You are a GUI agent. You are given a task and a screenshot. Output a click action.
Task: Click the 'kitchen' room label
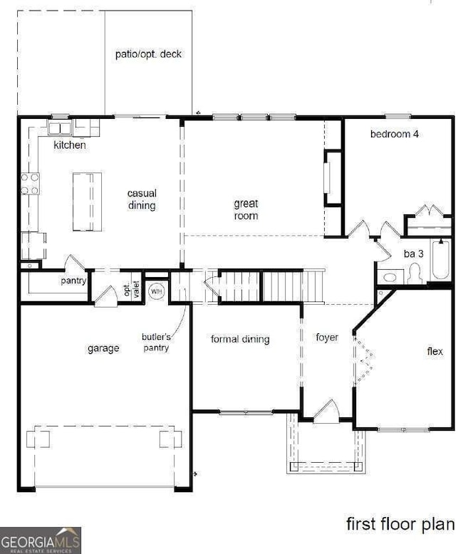(x=70, y=145)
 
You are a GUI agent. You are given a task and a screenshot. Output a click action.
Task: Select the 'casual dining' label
(x=142, y=199)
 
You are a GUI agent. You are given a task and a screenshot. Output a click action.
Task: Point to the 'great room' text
(x=246, y=209)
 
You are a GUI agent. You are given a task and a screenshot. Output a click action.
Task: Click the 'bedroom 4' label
(x=394, y=134)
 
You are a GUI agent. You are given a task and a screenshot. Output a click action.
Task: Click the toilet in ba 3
(x=415, y=274)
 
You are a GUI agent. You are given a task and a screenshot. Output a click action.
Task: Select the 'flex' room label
(x=435, y=351)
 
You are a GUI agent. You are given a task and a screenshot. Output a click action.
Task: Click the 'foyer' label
(x=327, y=337)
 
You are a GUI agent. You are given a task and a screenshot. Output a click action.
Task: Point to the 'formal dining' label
(x=240, y=339)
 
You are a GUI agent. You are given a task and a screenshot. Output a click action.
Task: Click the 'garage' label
(x=103, y=348)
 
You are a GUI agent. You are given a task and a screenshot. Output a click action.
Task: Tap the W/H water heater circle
(x=157, y=291)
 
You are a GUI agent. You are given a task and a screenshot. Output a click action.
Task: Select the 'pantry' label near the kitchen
(x=73, y=281)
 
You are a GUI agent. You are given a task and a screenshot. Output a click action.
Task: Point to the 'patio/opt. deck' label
(x=148, y=54)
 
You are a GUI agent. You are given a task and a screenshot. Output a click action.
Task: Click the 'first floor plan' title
(x=400, y=525)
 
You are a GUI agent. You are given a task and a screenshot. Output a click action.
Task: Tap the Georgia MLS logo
(x=41, y=540)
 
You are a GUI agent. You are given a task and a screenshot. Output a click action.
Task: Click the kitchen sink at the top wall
(x=60, y=128)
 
